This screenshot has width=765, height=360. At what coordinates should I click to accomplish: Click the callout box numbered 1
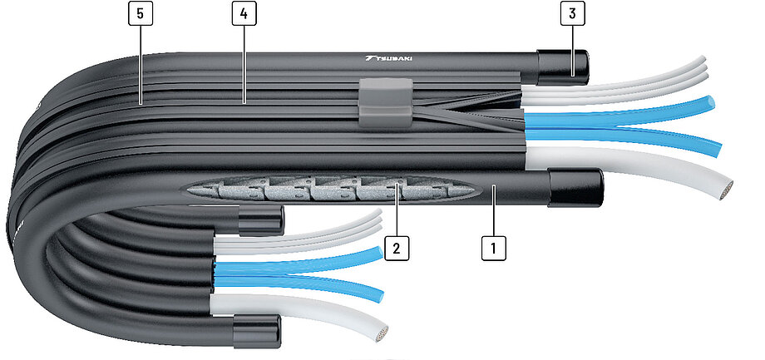point(493,248)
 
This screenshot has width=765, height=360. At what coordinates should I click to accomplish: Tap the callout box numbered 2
point(396,248)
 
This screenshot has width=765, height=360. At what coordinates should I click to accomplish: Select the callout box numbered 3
point(572,13)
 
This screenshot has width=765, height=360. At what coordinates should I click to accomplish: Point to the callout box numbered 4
point(244,13)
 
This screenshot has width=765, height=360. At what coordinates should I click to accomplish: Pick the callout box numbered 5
point(141,13)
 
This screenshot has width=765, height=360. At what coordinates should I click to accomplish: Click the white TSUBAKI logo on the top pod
point(387,58)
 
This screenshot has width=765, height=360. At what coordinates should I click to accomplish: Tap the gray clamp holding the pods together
point(386,102)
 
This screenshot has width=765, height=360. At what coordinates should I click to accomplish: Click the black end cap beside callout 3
point(563,67)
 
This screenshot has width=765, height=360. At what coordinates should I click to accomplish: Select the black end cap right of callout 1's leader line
point(575,188)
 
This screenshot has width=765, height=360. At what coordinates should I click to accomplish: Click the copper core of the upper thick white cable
point(727,190)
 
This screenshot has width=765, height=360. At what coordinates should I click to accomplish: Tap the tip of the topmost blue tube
point(710,103)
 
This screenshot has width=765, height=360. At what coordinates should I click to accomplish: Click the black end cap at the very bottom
point(257,331)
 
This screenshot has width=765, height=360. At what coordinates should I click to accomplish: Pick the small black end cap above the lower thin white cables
point(261,220)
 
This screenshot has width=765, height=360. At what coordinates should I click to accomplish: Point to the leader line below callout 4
point(244,64)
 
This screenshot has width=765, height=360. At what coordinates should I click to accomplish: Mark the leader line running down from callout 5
point(141,64)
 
